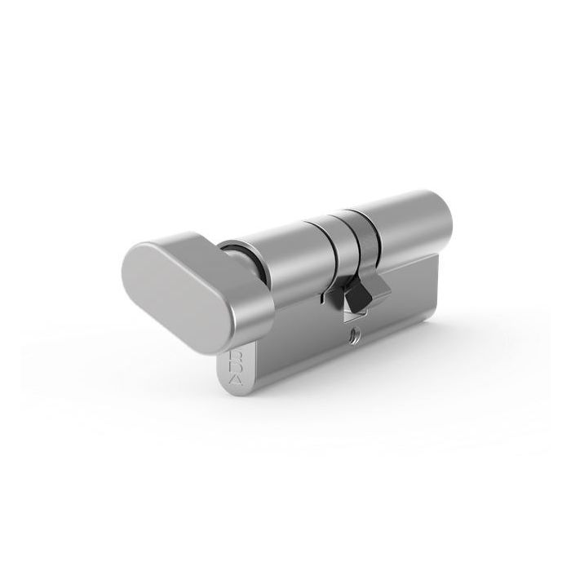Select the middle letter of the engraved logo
[x=234, y=370]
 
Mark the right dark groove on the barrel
[x=356, y=232]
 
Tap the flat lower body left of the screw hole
[x=294, y=351]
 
